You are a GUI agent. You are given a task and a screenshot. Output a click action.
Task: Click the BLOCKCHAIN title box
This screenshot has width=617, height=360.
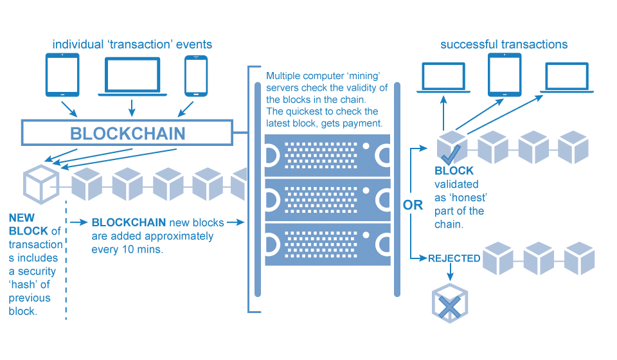[127, 133]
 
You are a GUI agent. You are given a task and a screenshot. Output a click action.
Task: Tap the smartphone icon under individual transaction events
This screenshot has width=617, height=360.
[196, 76]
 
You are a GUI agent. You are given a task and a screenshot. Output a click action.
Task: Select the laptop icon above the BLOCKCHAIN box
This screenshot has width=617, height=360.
[132, 76]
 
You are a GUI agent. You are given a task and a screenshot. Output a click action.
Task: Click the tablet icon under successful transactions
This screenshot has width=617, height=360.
[505, 75]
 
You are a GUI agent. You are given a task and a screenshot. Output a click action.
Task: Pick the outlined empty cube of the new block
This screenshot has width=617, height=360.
[41, 184]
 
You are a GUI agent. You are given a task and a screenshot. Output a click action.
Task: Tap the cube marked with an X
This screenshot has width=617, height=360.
[450, 303]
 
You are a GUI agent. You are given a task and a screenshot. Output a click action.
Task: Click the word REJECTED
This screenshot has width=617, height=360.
[454, 258]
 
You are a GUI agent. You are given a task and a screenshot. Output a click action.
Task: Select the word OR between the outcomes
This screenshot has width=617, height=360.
[413, 205]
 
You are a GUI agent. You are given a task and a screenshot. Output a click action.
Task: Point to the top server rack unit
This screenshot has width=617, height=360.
[327, 156]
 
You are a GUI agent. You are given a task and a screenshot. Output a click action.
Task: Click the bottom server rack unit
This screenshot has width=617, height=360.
[327, 244]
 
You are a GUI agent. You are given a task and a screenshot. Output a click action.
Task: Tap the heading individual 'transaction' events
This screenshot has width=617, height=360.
[132, 44]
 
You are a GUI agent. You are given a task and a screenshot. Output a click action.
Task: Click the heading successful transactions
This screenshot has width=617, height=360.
[504, 44]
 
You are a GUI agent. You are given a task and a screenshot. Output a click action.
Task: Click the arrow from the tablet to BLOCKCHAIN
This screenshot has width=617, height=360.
[69, 109]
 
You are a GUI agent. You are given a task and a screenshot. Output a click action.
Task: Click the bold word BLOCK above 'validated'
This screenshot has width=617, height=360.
[454, 171]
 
